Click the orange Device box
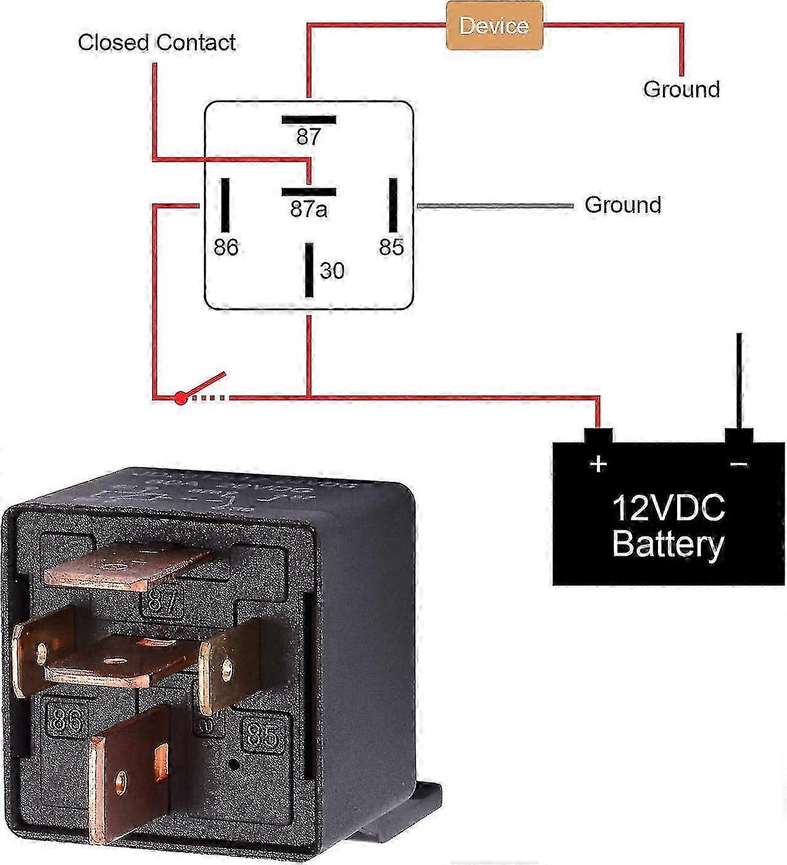494,26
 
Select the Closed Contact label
157,43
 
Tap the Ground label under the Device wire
681,89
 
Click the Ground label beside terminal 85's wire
623,205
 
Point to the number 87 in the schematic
309,136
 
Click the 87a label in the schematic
309,210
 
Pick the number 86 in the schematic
226,248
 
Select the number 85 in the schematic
391,248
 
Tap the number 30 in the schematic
332,271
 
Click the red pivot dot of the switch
180,398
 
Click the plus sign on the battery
598,463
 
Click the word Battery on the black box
668,545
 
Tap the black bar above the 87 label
309,120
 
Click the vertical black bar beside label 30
309,270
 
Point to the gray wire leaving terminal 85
494,206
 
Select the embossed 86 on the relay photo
66,720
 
